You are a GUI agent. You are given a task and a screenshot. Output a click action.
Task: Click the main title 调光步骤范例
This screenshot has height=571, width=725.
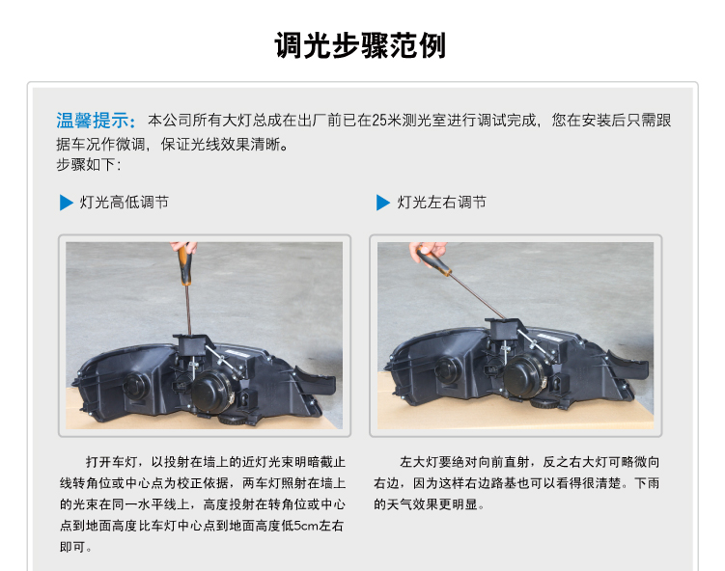click(360, 45)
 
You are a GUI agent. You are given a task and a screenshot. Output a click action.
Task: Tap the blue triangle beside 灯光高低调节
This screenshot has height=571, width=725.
click(67, 203)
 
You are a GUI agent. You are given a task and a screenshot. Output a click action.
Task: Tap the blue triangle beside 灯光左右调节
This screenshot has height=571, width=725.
click(383, 203)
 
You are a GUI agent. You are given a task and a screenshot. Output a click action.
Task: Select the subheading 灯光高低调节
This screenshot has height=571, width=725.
click(125, 203)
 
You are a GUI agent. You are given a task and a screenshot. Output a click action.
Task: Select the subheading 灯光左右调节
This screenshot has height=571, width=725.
click(441, 203)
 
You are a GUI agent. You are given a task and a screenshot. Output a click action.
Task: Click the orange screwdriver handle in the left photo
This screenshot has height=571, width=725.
click(185, 264)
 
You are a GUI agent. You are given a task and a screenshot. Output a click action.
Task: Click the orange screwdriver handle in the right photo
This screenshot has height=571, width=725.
click(432, 261)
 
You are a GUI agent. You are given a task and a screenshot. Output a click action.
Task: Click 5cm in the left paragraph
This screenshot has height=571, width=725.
click(305, 526)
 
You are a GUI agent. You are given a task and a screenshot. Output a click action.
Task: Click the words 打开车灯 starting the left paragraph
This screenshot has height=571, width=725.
click(111, 462)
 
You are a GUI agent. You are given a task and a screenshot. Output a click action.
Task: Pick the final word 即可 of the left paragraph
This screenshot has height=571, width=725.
click(72, 547)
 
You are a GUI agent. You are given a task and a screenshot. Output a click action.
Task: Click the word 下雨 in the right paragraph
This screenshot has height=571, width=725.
click(647, 483)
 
